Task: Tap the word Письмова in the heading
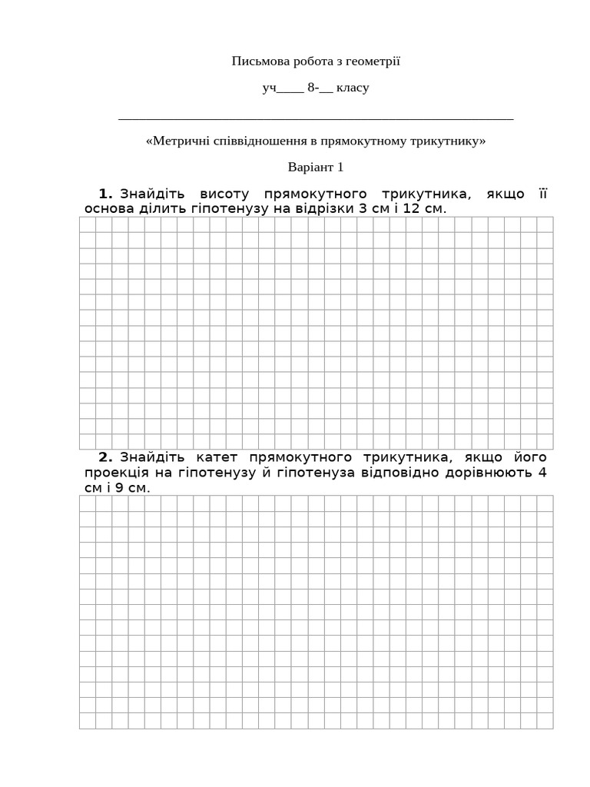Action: point(257,61)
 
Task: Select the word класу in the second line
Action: point(353,88)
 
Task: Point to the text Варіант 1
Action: point(316,167)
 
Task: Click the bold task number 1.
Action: point(106,193)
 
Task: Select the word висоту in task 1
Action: point(224,193)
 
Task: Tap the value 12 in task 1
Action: point(412,208)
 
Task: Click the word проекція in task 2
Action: point(117,472)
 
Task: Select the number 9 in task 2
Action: point(119,487)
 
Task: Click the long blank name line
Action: point(316,118)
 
